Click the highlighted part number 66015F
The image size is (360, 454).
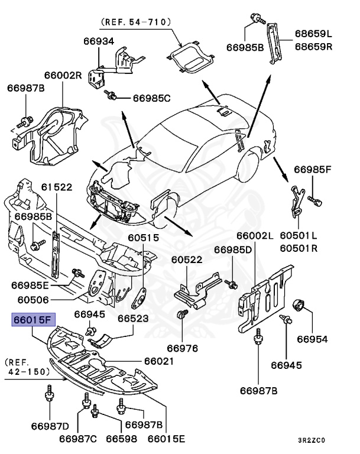(33, 321)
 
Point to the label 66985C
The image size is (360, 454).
(151, 98)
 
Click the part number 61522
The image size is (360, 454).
(56, 187)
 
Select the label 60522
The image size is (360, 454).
(187, 260)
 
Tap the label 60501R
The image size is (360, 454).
(299, 248)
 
